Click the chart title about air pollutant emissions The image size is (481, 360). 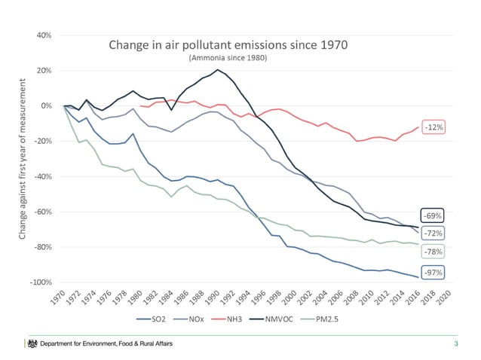(229, 44)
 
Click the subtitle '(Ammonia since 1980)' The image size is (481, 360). (229, 58)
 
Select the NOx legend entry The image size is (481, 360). (198, 320)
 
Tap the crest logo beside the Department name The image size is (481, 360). (32, 344)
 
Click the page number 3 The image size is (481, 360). (455, 345)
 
